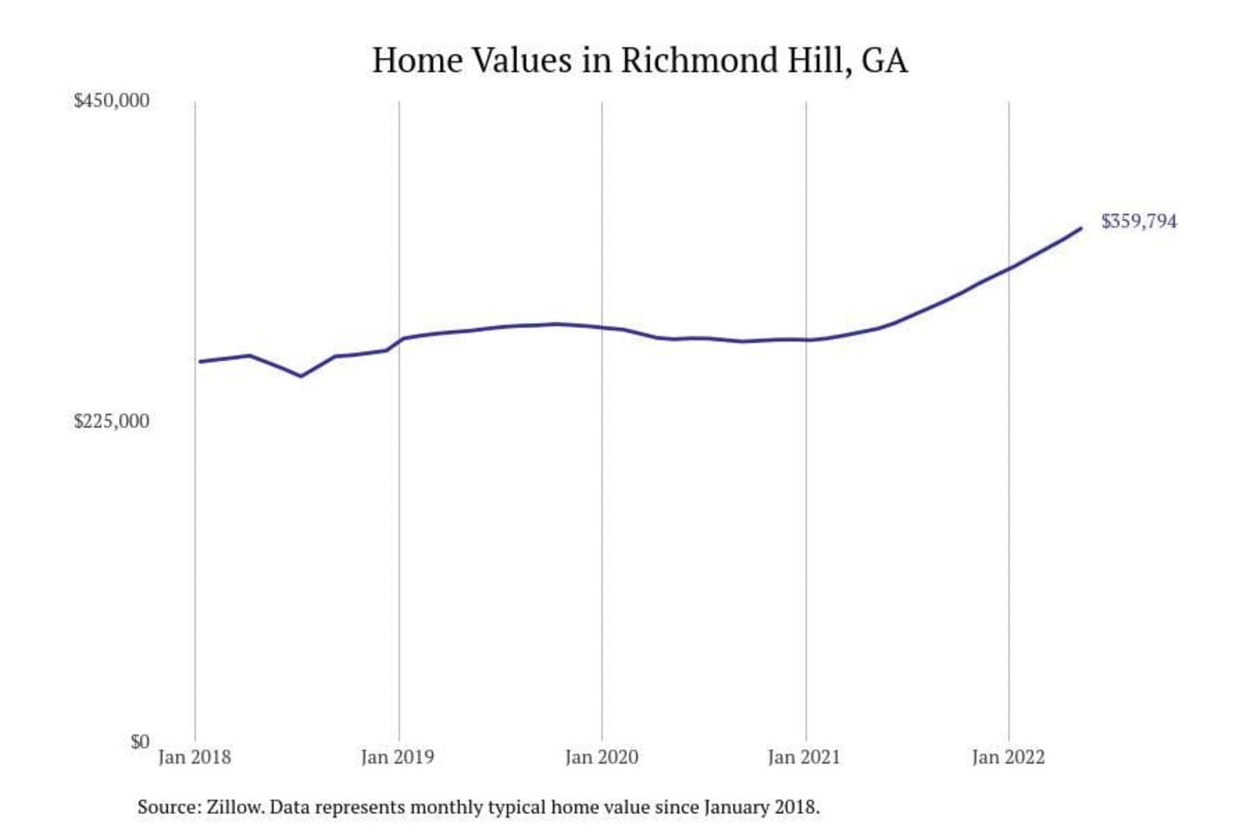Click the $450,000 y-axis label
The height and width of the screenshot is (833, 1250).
tap(111, 101)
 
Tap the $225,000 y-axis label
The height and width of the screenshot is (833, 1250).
tap(111, 422)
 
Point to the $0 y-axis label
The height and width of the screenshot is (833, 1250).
tap(140, 742)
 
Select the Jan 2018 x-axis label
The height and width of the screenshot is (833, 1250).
tap(194, 758)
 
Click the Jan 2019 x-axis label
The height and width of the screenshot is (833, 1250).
tap(398, 758)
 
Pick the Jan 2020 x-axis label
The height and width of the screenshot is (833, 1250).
tap(602, 758)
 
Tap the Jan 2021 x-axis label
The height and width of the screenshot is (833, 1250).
tap(805, 758)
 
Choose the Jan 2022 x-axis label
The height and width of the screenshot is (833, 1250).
tap(1008, 758)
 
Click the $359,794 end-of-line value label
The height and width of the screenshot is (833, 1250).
tap(1139, 221)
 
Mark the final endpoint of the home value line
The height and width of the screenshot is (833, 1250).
tap(1081, 228)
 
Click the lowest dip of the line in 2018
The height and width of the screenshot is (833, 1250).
tap(300, 377)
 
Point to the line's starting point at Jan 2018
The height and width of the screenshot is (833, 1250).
tap(200, 362)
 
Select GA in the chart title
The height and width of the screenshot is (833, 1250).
tap(885, 61)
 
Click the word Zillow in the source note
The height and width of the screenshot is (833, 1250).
tap(234, 807)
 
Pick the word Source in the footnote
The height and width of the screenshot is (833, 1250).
tap(168, 807)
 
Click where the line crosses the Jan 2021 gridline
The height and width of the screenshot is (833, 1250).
tap(806, 340)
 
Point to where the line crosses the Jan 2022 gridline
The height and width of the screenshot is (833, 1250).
tap(1009, 268)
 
